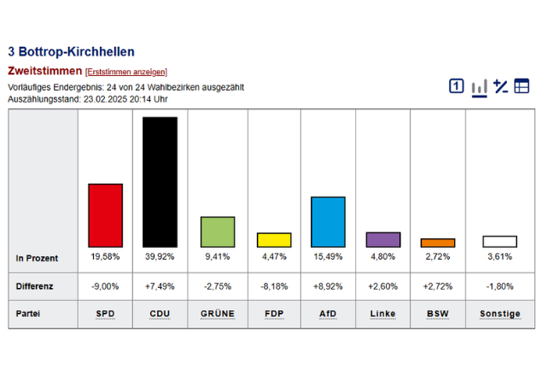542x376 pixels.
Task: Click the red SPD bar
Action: coord(106,215)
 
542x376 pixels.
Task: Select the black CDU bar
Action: coord(160,182)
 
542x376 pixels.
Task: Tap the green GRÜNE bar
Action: coord(218,232)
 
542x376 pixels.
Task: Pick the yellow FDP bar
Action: coord(274,240)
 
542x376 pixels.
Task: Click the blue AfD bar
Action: coord(328,222)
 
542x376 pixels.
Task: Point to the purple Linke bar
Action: coord(383,239)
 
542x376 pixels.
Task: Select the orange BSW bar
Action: coord(438,243)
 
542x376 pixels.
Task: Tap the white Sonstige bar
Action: coord(500,242)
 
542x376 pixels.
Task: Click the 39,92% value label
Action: coord(160,257)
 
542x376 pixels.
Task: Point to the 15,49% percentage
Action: coord(328,257)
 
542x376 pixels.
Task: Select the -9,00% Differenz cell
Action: coord(105,286)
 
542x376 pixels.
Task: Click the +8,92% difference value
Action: coord(328,286)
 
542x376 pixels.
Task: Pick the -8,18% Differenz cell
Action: coord(274,286)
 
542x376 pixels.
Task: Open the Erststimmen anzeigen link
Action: coord(126,72)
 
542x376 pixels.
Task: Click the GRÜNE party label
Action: coord(218,314)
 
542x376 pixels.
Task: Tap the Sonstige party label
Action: coord(500,314)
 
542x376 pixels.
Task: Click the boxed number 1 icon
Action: coord(457,85)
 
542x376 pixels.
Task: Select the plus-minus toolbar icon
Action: coord(500,86)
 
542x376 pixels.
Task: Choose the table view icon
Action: coord(522,85)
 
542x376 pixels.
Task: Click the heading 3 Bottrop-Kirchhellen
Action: coord(71,52)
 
